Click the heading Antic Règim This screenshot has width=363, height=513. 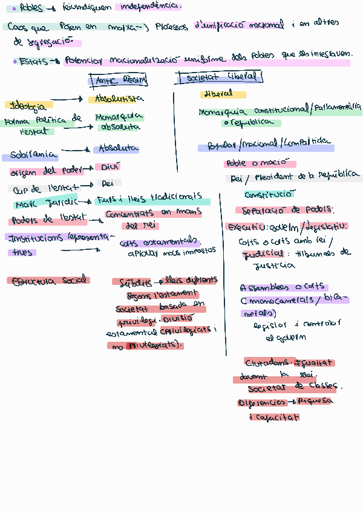[118, 80]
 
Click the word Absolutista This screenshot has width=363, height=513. [116, 99]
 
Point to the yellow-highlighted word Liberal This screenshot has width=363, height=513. [218, 94]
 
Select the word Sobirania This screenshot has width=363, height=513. [33, 155]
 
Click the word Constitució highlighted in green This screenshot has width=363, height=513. [269, 194]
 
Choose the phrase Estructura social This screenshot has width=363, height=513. [48, 281]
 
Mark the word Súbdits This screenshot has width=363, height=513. [135, 282]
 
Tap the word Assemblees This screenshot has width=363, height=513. [264, 288]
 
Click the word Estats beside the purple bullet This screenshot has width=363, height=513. [33, 61]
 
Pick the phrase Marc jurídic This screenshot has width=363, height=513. [43, 203]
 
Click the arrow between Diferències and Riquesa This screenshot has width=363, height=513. [291, 402]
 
